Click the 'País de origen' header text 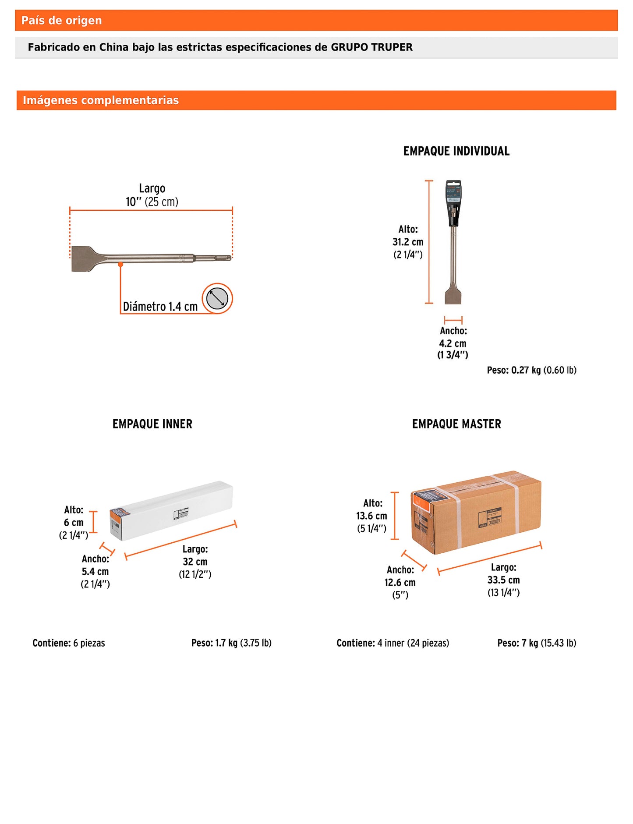[61, 21]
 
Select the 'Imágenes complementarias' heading [100, 100]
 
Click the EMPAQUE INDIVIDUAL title [456, 151]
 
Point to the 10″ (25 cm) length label [152, 202]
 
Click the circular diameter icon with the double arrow [217, 299]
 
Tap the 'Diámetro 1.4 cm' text [160, 307]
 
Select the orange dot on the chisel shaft [120, 265]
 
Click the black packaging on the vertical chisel [453, 204]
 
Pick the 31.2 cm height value [407, 242]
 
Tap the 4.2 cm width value [453, 343]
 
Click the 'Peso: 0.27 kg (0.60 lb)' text [531, 370]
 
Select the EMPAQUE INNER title [152, 424]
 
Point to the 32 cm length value [195, 562]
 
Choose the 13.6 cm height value [371, 516]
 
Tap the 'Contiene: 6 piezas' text [69, 643]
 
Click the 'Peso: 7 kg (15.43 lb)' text [537, 643]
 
